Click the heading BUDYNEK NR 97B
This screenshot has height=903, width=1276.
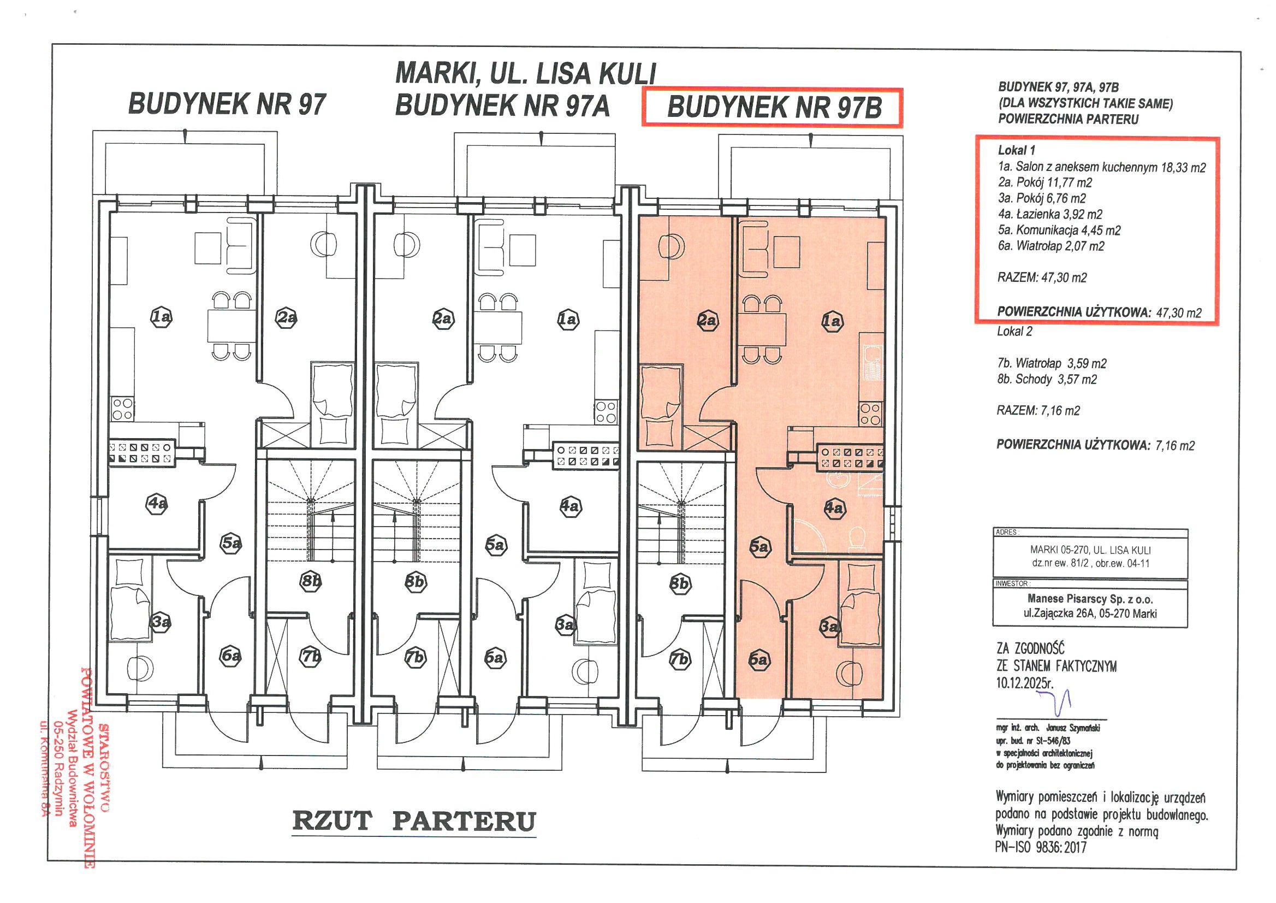(x=774, y=107)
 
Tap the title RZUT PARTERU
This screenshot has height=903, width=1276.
(x=414, y=822)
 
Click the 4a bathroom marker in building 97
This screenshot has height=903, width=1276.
(x=157, y=504)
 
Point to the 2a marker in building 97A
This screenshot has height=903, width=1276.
(x=442, y=318)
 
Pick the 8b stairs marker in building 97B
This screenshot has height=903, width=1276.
(x=680, y=583)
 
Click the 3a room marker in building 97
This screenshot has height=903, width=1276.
(x=161, y=622)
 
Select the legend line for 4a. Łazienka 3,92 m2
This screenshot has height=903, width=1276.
(x=1050, y=214)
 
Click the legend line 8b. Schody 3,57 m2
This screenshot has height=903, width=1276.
(x=1047, y=379)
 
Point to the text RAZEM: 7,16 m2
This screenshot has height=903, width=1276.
(x=1038, y=411)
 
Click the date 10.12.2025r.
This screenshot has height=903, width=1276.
(x=1025, y=682)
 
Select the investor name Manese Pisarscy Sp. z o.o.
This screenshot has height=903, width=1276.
(x=1090, y=599)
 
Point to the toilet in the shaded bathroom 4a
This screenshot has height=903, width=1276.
(x=859, y=538)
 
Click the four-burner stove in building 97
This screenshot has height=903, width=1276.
(x=122, y=409)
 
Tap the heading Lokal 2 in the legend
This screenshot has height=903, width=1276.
(x=1014, y=332)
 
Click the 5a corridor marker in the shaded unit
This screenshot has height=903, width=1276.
(x=759, y=546)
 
